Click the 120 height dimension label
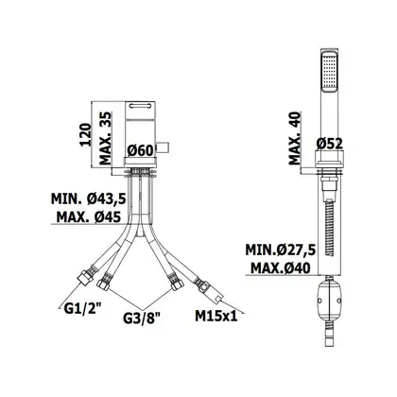85,134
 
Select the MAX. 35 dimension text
106,138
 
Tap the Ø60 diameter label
140,150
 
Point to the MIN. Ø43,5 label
89,198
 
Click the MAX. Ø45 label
89,216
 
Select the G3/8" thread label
142,319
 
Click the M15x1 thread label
216,316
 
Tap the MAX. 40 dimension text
295,138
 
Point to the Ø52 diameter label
329,144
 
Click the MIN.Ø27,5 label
281,250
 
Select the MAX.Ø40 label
281,268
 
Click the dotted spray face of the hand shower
329,72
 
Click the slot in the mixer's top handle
140,106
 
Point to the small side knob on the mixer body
164,147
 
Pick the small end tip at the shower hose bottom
329,342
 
